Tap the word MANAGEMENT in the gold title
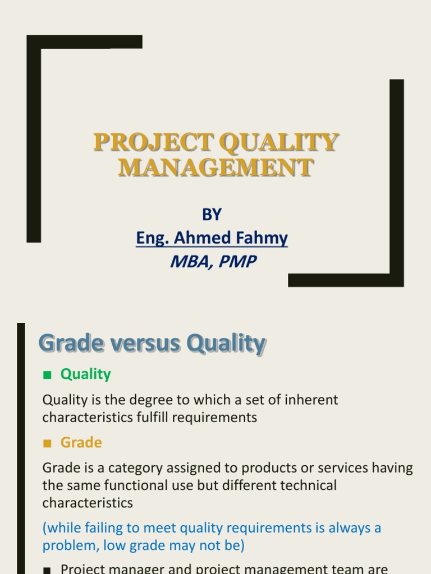[215, 168]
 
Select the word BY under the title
[212, 214]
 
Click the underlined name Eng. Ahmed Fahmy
[212, 238]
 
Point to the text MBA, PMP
[213, 261]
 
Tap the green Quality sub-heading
[85, 374]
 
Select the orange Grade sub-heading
[81, 443]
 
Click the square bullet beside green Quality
[47, 374]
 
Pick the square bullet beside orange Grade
[47, 443]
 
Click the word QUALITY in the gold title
[279, 142]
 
